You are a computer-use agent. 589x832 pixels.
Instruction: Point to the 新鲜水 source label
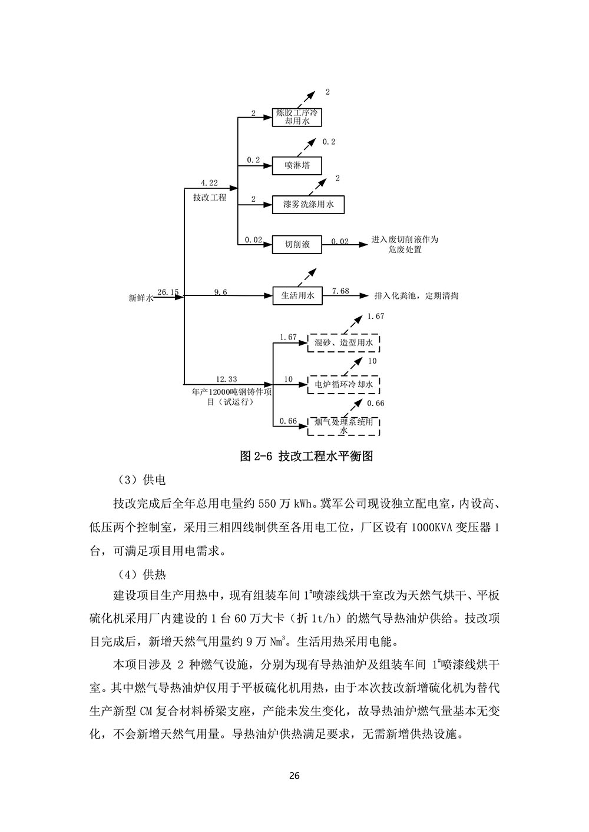141,298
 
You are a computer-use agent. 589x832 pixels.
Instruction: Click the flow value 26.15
168,292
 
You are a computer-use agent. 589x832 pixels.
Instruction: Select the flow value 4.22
209,183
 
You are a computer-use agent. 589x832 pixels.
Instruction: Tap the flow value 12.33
226,380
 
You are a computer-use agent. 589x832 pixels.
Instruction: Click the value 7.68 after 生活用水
340,291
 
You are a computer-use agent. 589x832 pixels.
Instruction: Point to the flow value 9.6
220,292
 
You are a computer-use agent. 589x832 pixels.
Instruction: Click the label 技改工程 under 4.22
209,198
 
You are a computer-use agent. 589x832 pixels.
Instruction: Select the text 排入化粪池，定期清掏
416,296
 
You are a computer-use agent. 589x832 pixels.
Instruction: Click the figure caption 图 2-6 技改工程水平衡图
306,456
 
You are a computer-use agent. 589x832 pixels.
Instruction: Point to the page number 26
294,775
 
